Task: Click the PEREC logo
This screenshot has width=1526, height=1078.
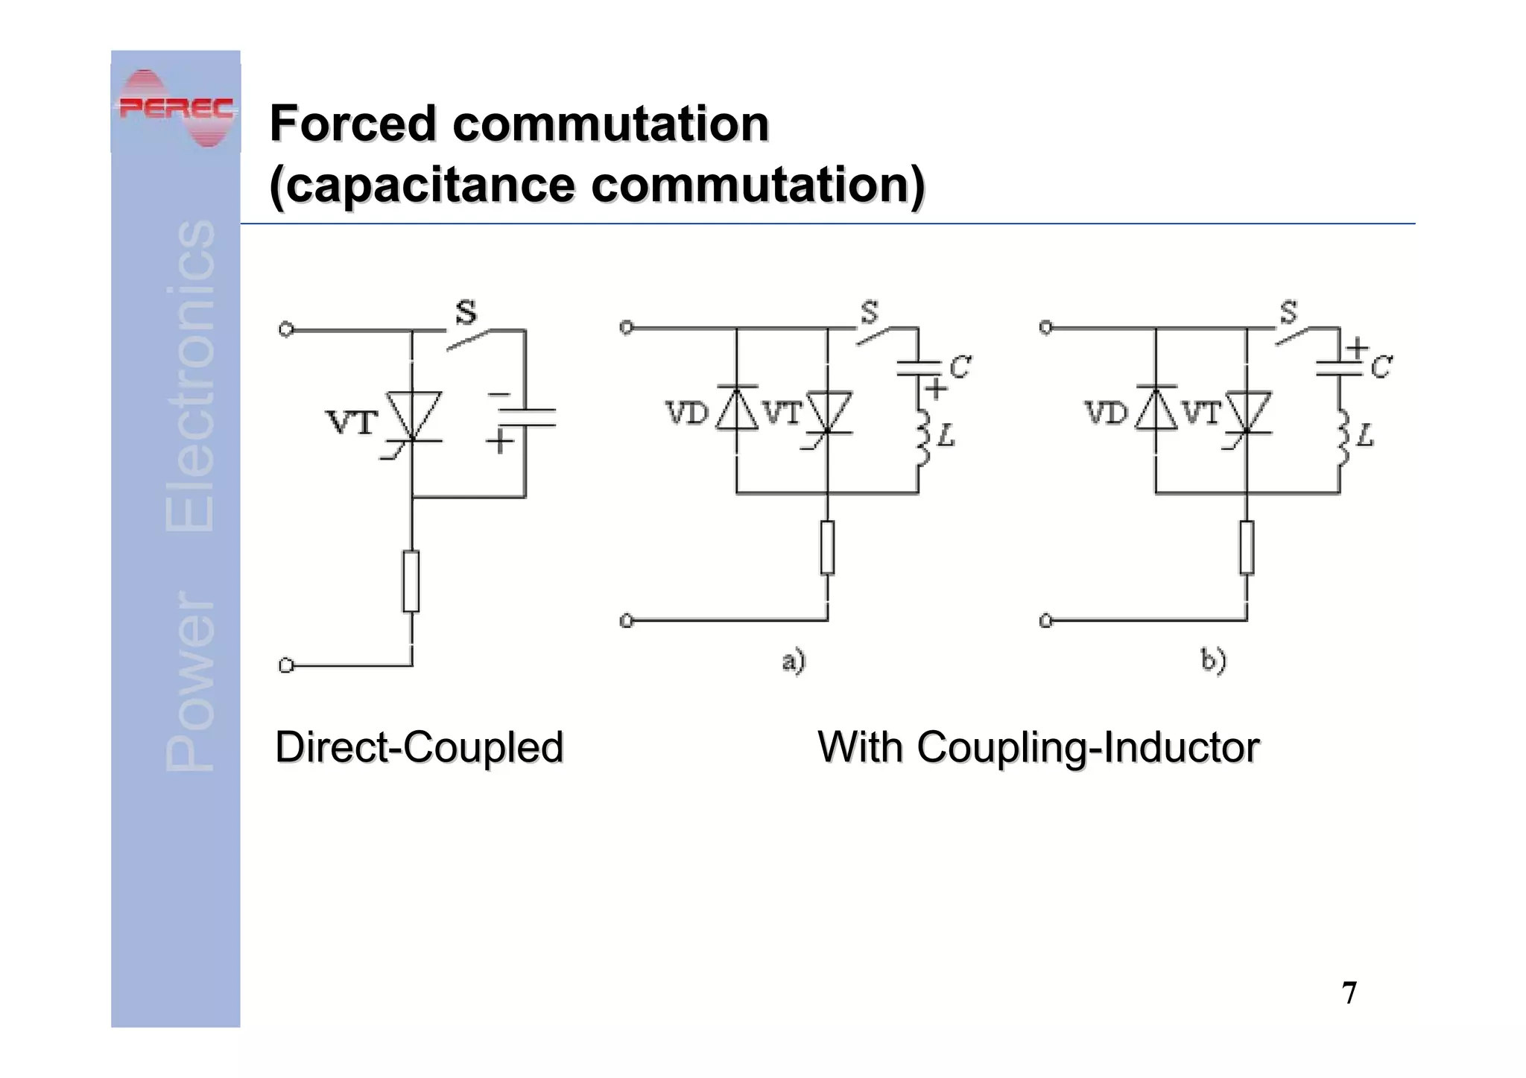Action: pyautogui.click(x=176, y=108)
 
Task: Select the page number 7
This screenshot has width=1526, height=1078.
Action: pyautogui.click(x=1349, y=993)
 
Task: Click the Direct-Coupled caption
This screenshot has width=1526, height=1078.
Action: pyautogui.click(x=419, y=747)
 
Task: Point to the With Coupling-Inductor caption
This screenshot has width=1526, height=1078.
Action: pyautogui.click(x=1038, y=747)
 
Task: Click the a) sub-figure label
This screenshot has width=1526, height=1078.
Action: pyautogui.click(x=794, y=661)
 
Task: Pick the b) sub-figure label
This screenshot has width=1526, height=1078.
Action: pyautogui.click(x=1213, y=661)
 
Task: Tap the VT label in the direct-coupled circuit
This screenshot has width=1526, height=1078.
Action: pyautogui.click(x=352, y=423)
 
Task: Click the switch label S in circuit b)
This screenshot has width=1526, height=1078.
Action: pyautogui.click(x=1288, y=312)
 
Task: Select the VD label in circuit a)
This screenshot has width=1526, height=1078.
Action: pyautogui.click(x=686, y=412)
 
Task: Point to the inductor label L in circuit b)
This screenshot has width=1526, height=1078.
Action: pyautogui.click(x=1365, y=435)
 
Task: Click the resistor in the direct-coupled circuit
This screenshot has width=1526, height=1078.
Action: pyautogui.click(x=411, y=581)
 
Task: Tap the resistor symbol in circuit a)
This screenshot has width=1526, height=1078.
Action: pyautogui.click(x=827, y=548)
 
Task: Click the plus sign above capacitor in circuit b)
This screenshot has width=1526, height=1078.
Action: pyautogui.click(x=1357, y=347)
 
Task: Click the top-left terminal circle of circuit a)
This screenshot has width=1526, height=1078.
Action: pyautogui.click(x=627, y=327)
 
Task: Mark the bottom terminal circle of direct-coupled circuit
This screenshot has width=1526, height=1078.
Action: pyautogui.click(x=285, y=665)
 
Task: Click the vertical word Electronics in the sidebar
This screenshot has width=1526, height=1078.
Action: pyautogui.click(x=190, y=376)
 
